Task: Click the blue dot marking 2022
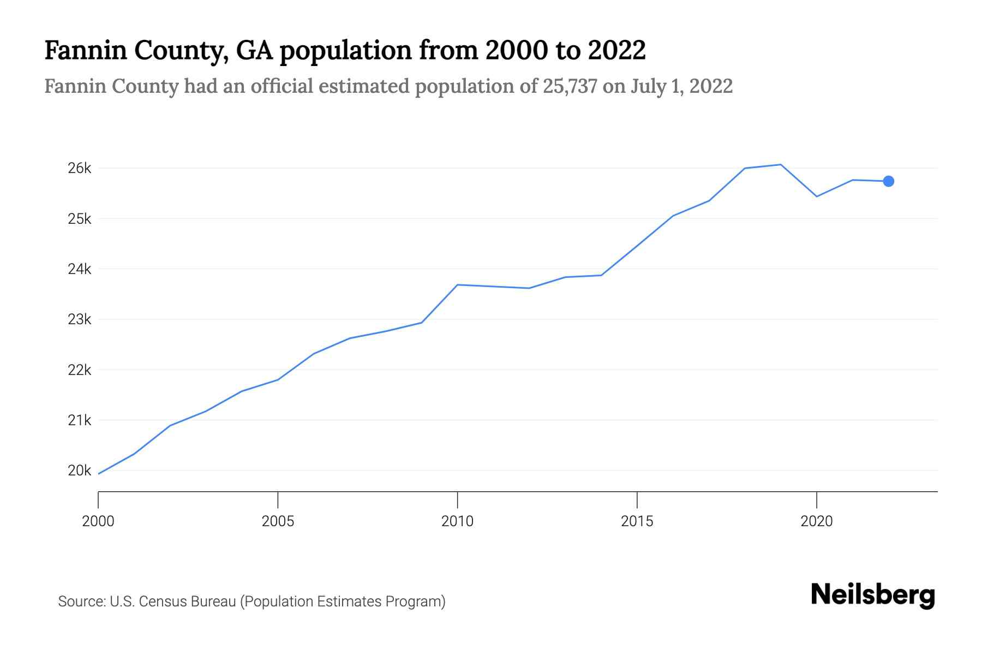[x=888, y=181]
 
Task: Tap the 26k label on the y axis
[x=79, y=168]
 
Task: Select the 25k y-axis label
[x=79, y=219]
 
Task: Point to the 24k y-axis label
[x=79, y=269]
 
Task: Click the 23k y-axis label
[x=79, y=319]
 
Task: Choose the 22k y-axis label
[x=79, y=370]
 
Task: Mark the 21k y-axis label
[x=79, y=420]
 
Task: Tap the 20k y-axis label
[x=79, y=471]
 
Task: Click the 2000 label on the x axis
[x=98, y=521]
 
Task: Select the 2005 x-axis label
[x=278, y=521]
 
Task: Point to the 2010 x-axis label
[x=457, y=521]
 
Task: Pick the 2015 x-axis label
[x=637, y=521]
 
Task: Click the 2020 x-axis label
[x=816, y=521]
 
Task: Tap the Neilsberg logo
[x=873, y=595]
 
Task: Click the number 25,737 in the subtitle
[x=570, y=86]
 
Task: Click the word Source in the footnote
[x=81, y=602]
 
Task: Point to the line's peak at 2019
[x=781, y=164]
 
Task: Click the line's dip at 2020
[x=817, y=196]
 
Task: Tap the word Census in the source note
[x=160, y=602]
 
